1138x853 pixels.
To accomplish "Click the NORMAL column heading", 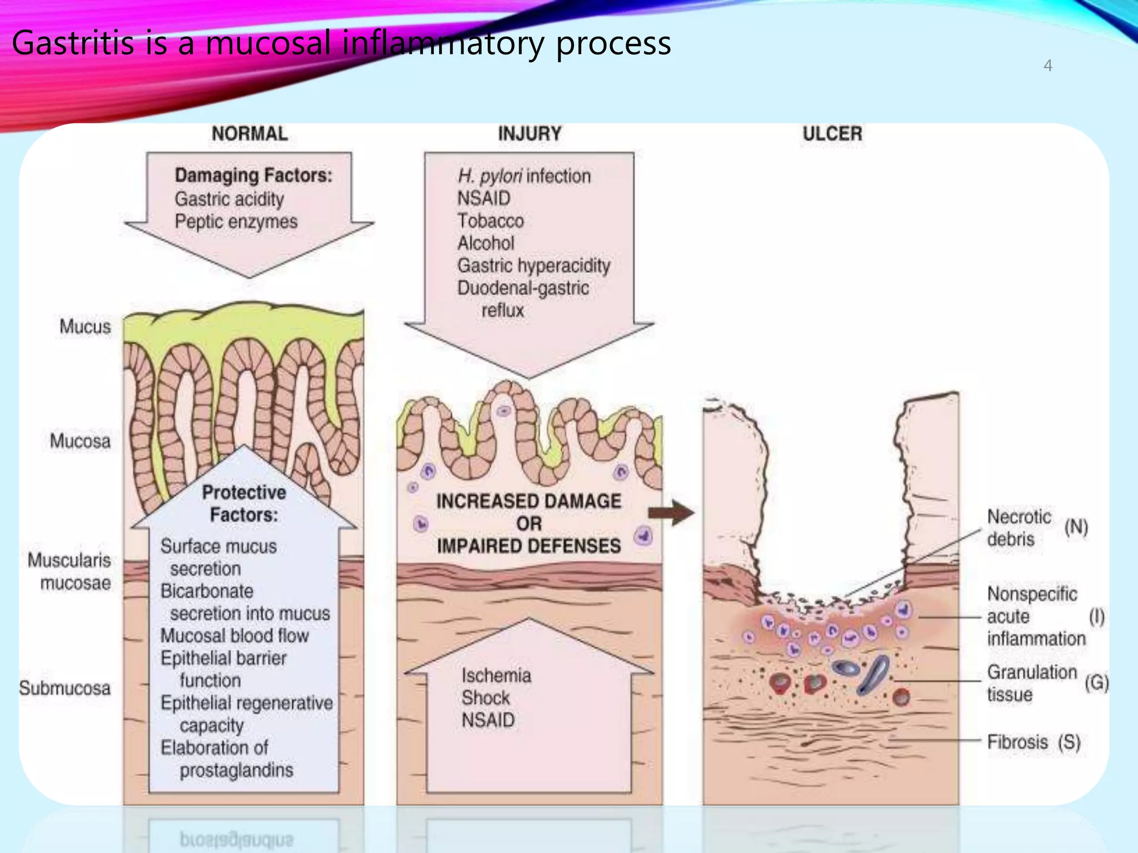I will coord(249,134).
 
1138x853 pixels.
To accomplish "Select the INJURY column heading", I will coord(530,134).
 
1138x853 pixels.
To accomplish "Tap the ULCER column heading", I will coord(832,134).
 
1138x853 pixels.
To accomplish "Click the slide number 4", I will coord(1047,66).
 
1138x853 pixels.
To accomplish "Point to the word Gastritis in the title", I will coord(73,43).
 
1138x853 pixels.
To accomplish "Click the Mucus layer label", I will coord(85,327).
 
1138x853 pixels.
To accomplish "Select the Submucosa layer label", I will coord(64,688).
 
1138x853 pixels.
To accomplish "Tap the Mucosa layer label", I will coord(80,441).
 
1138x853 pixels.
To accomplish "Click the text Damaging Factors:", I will coord(253,175).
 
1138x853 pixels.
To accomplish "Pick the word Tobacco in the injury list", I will coord(490,221).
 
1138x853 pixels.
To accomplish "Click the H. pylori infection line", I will coord(524,176).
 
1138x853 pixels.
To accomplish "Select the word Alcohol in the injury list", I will coord(486,243).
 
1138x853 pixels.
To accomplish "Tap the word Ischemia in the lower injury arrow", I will coord(496,676).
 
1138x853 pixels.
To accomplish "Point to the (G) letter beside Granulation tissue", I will coord(1096,683).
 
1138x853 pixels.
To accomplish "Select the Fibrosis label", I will coord(1017,742).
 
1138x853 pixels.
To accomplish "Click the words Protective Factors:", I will coord(243,503).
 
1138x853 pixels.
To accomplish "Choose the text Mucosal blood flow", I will coord(234,636).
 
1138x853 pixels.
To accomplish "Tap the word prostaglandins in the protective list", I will coord(236,770).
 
